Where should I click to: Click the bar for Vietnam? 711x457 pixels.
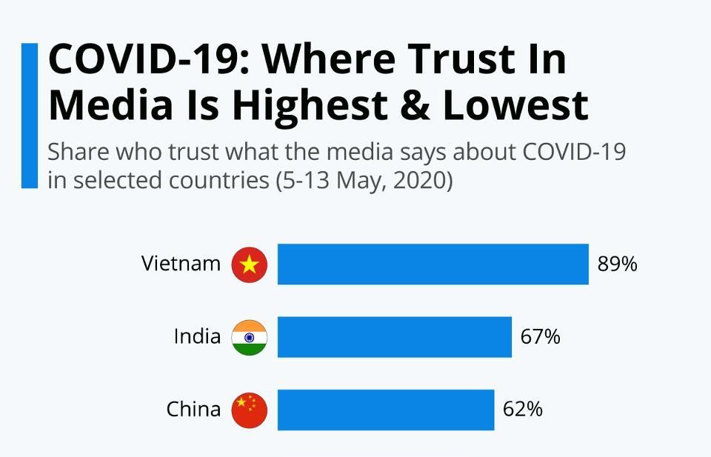click(433, 264)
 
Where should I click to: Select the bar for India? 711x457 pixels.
click(394, 337)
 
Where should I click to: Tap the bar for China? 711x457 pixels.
click(385, 410)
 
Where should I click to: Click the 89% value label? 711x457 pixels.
click(617, 264)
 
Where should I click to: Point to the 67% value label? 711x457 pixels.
click(540, 337)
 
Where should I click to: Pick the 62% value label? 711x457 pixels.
click(522, 410)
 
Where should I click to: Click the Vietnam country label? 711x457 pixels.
click(181, 264)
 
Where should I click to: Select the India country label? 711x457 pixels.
click(197, 337)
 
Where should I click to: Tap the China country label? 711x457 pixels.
click(193, 410)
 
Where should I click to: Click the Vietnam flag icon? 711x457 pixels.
click(249, 264)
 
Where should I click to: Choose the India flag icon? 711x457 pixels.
click(249, 337)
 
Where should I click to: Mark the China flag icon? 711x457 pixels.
click(249, 410)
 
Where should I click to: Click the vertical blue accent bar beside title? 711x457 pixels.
click(29, 115)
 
